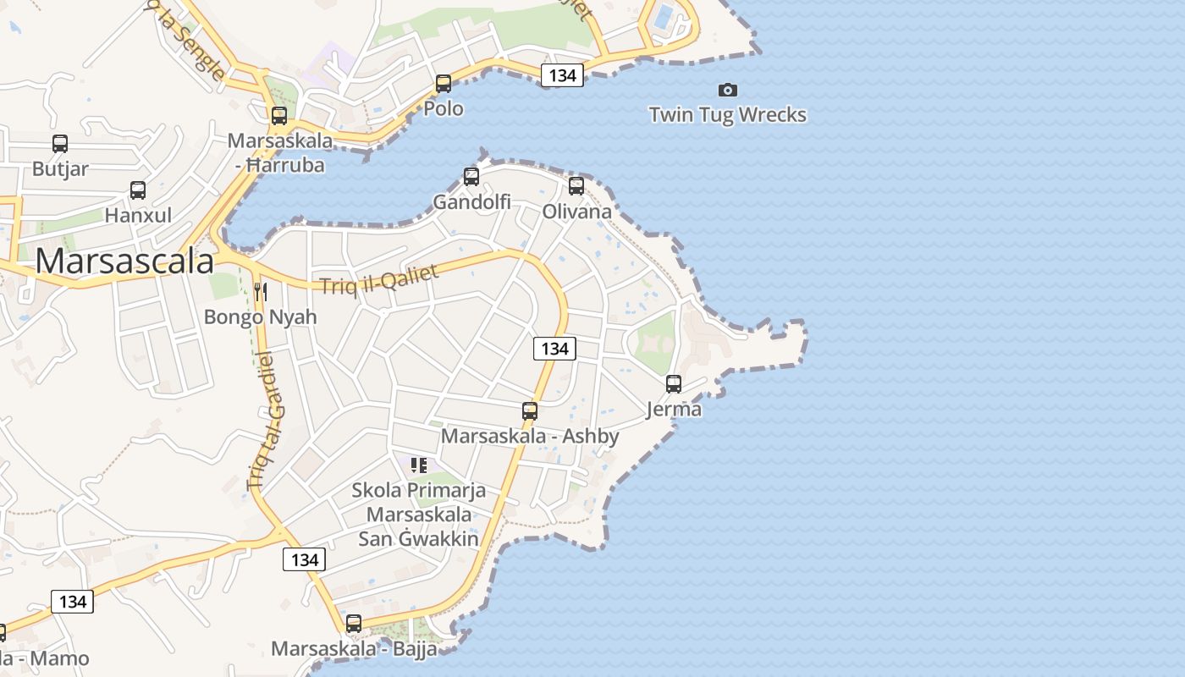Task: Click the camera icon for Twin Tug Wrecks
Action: click(727, 90)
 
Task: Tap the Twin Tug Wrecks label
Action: click(727, 114)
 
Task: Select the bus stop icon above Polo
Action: click(444, 84)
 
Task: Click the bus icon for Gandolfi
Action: click(471, 177)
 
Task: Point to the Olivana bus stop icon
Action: click(576, 186)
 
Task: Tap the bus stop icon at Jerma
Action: click(674, 384)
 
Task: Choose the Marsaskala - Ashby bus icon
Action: click(530, 411)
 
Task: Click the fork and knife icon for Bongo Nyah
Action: click(261, 292)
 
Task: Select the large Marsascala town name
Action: click(124, 261)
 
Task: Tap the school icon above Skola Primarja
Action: click(419, 465)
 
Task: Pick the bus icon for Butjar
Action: click(60, 144)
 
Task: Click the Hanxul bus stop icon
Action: click(138, 190)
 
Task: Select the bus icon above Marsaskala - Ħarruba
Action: click(279, 116)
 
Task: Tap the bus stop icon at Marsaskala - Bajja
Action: click(354, 624)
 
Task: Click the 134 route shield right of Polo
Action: click(562, 75)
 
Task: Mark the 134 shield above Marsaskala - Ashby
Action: click(554, 348)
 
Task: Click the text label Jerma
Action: click(674, 410)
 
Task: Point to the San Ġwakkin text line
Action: click(418, 538)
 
